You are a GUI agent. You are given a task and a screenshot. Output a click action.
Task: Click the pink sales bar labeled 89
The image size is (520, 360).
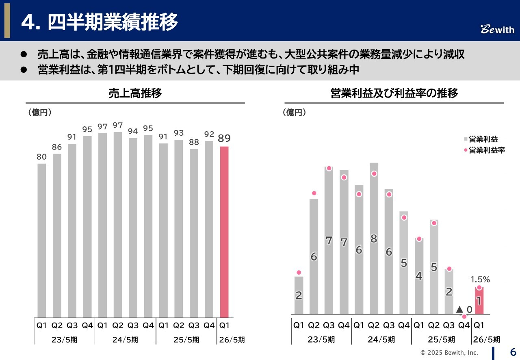[x=224, y=232]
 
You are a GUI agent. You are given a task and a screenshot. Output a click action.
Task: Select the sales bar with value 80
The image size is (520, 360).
[x=42, y=240]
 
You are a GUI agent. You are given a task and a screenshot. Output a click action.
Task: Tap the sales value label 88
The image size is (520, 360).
[x=194, y=143]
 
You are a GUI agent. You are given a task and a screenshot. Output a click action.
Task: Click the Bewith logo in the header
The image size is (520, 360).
[x=497, y=30]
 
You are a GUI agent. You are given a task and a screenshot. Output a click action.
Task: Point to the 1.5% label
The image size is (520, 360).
[x=480, y=280]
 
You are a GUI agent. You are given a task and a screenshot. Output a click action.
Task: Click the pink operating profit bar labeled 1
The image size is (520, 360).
[x=479, y=301]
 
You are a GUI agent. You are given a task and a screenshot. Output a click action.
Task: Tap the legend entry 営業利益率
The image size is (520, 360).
[x=486, y=150]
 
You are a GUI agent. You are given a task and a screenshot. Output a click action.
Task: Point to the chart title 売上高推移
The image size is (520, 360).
[x=135, y=93]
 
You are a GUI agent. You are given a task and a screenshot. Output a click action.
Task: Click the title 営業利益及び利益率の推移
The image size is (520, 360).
[x=394, y=93]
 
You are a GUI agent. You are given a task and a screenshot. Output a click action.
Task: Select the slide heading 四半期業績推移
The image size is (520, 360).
[x=113, y=23]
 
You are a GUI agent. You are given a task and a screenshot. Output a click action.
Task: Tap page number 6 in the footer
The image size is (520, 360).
[x=513, y=351]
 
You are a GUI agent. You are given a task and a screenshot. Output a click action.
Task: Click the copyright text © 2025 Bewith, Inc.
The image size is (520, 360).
[x=449, y=352]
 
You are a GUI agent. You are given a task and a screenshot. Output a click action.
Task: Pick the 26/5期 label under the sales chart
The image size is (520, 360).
[x=231, y=340]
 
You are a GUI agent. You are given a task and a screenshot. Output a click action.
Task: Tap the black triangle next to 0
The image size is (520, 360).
[x=459, y=309]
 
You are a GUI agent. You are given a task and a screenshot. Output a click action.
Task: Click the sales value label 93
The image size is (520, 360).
[x=179, y=133]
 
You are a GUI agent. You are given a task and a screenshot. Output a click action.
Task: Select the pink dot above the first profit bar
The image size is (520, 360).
[x=299, y=272]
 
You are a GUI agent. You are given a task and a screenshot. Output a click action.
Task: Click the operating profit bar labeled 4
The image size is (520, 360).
[x=419, y=276]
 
